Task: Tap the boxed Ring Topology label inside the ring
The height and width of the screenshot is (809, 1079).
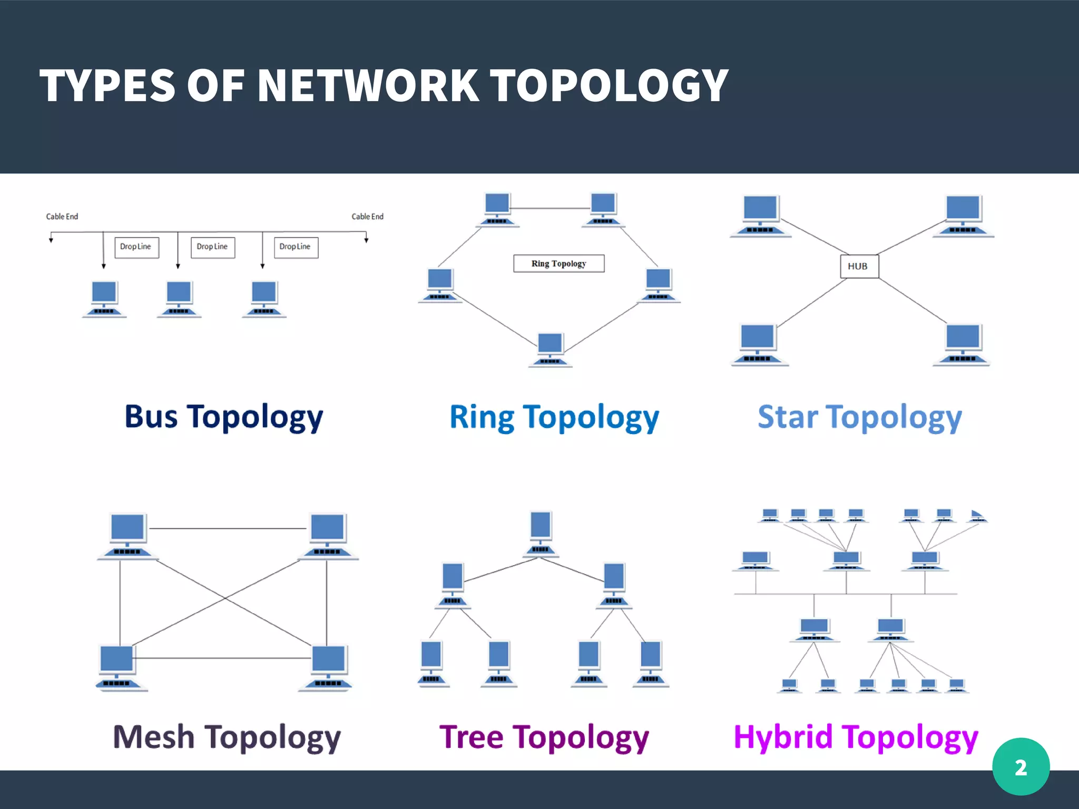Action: click(558, 263)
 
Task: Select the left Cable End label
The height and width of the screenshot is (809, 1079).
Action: click(62, 216)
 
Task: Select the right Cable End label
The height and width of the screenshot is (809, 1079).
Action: click(367, 216)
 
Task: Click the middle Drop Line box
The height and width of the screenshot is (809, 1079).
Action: click(212, 246)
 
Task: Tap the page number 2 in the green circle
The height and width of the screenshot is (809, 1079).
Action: click(1021, 767)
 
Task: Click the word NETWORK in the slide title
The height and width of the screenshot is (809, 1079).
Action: click(368, 86)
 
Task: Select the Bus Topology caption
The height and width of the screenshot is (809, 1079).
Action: click(223, 417)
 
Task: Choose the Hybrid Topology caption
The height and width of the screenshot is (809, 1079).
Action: click(856, 737)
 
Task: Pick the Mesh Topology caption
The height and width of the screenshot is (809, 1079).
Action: click(227, 737)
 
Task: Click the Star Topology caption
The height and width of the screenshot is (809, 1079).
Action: click(859, 417)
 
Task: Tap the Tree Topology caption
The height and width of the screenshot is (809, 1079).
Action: click(544, 737)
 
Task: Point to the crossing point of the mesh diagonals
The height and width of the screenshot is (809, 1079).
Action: click(225, 598)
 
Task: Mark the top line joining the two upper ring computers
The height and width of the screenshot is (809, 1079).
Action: click(550, 209)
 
